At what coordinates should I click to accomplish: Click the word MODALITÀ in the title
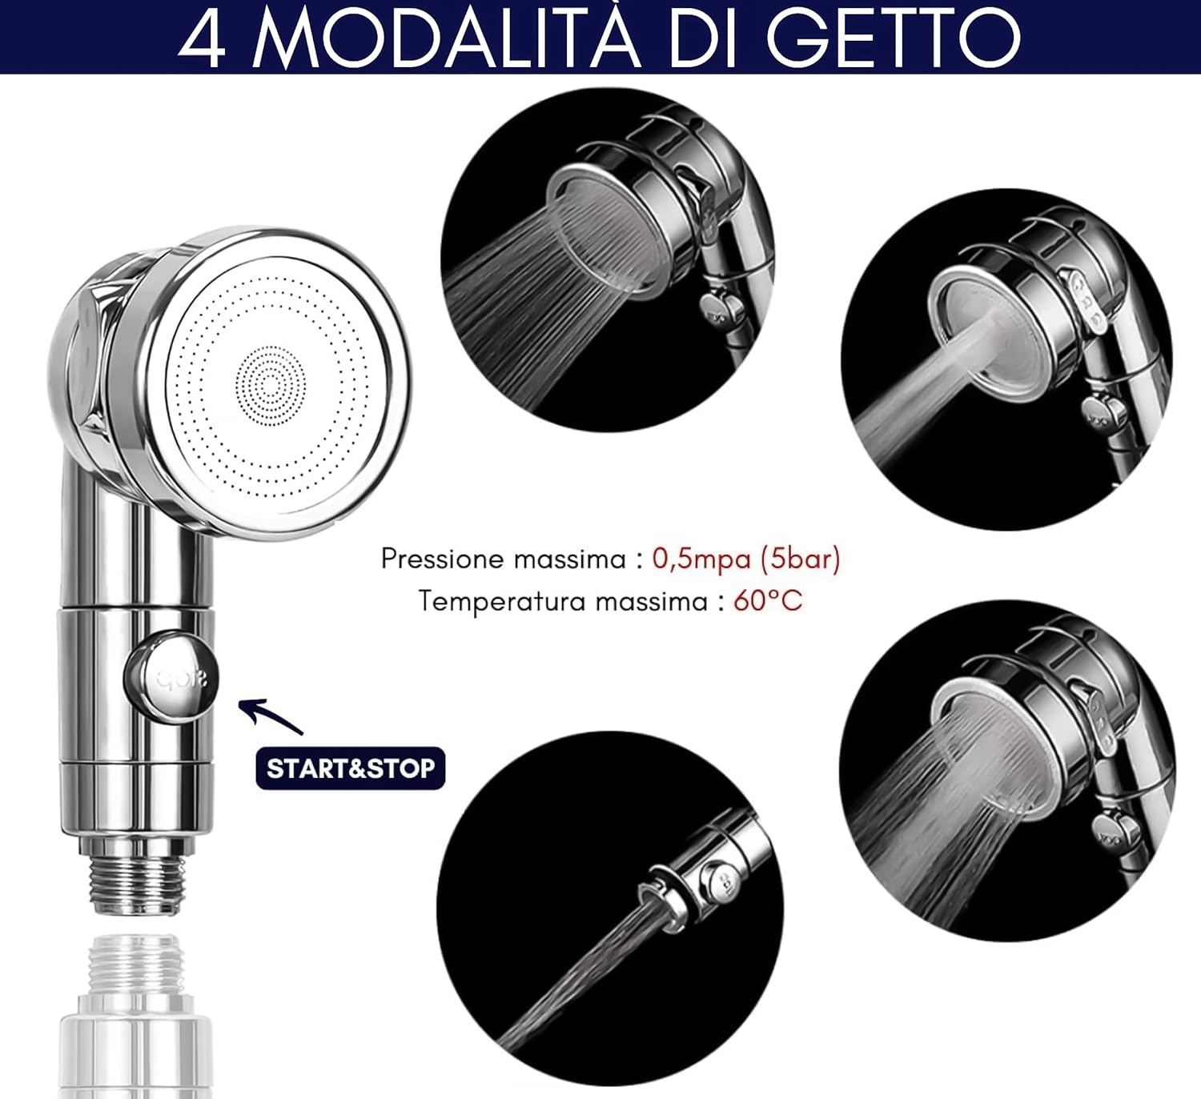point(448,39)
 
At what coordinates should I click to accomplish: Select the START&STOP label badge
point(350,768)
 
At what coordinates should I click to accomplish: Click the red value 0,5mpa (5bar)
point(746,559)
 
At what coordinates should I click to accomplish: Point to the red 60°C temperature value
point(768,601)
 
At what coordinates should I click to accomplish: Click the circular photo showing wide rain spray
point(607,260)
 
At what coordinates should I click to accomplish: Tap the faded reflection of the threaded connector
point(135,1017)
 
